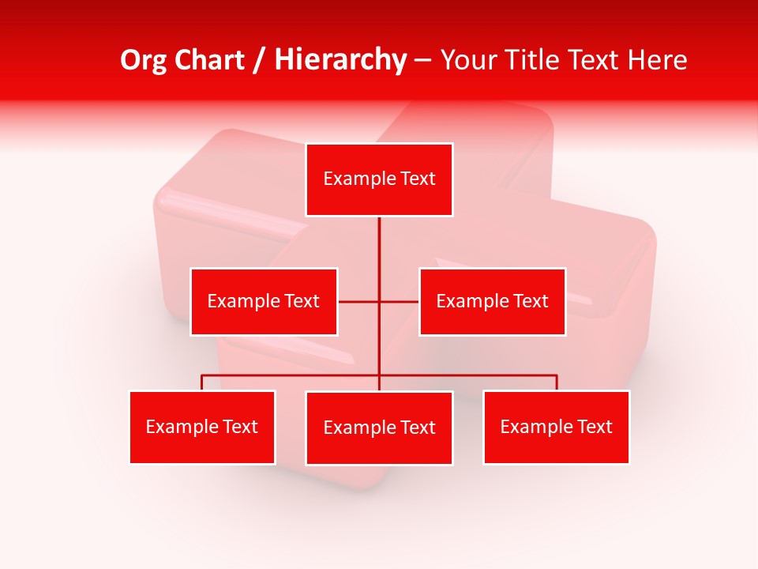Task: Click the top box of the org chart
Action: click(379, 179)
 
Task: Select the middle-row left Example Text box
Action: click(264, 302)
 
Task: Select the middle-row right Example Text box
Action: click(492, 302)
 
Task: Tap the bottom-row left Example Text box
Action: click(202, 428)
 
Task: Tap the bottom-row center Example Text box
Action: click(379, 428)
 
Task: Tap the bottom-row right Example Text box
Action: click(556, 428)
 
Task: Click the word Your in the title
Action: click(467, 60)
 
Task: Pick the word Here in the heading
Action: click(656, 60)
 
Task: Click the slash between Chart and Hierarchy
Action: click(259, 60)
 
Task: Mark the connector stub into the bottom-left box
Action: click(202, 382)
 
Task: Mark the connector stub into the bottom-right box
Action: click(557, 382)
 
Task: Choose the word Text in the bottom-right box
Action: click(594, 428)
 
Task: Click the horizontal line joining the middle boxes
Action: click(359, 302)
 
